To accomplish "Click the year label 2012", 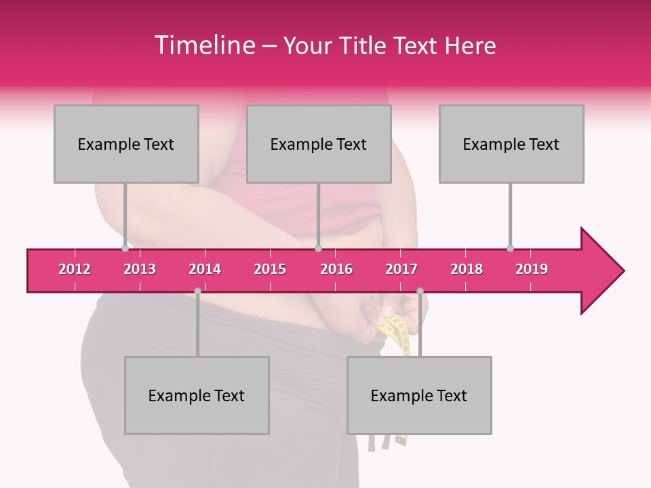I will tap(75, 269).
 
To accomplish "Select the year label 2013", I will tap(140, 269).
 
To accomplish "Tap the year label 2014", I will tap(205, 269).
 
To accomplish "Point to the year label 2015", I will tap(270, 269).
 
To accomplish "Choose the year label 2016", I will tap(336, 269).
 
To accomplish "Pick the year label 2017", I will tap(401, 269).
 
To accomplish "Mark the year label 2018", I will tap(467, 269).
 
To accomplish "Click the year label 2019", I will tap(532, 269).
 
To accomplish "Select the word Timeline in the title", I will tap(203, 45).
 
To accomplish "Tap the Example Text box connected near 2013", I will tap(126, 144).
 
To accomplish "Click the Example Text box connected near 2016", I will tap(319, 144).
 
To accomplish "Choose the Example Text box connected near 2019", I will tap(511, 144).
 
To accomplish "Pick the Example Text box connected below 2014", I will tap(197, 395).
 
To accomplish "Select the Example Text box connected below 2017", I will tap(419, 395).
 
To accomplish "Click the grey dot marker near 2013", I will tap(125, 249).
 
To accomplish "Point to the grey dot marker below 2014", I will tap(197, 291).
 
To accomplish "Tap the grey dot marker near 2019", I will tap(510, 249).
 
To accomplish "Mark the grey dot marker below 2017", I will tap(420, 291).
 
